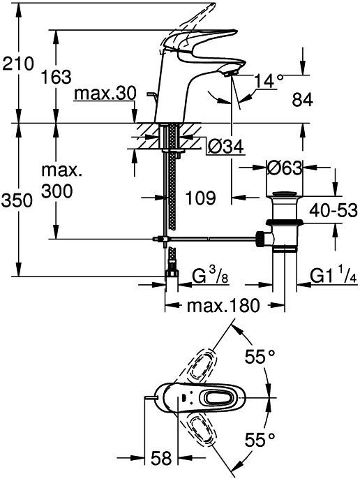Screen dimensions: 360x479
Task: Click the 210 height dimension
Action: [x=17, y=64]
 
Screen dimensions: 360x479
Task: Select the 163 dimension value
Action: [x=57, y=77]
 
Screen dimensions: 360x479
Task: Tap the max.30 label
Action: [x=105, y=94]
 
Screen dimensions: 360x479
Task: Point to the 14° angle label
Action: [x=269, y=81]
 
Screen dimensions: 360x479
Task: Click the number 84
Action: [x=302, y=100]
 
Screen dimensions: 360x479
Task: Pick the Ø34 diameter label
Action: [x=226, y=147]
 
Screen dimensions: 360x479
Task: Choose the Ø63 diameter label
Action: [x=285, y=168]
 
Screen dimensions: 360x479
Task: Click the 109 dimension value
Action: [x=201, y=198]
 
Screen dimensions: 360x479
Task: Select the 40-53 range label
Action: [x=333, y=210]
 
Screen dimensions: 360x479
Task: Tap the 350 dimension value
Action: [x=17, y=200]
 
